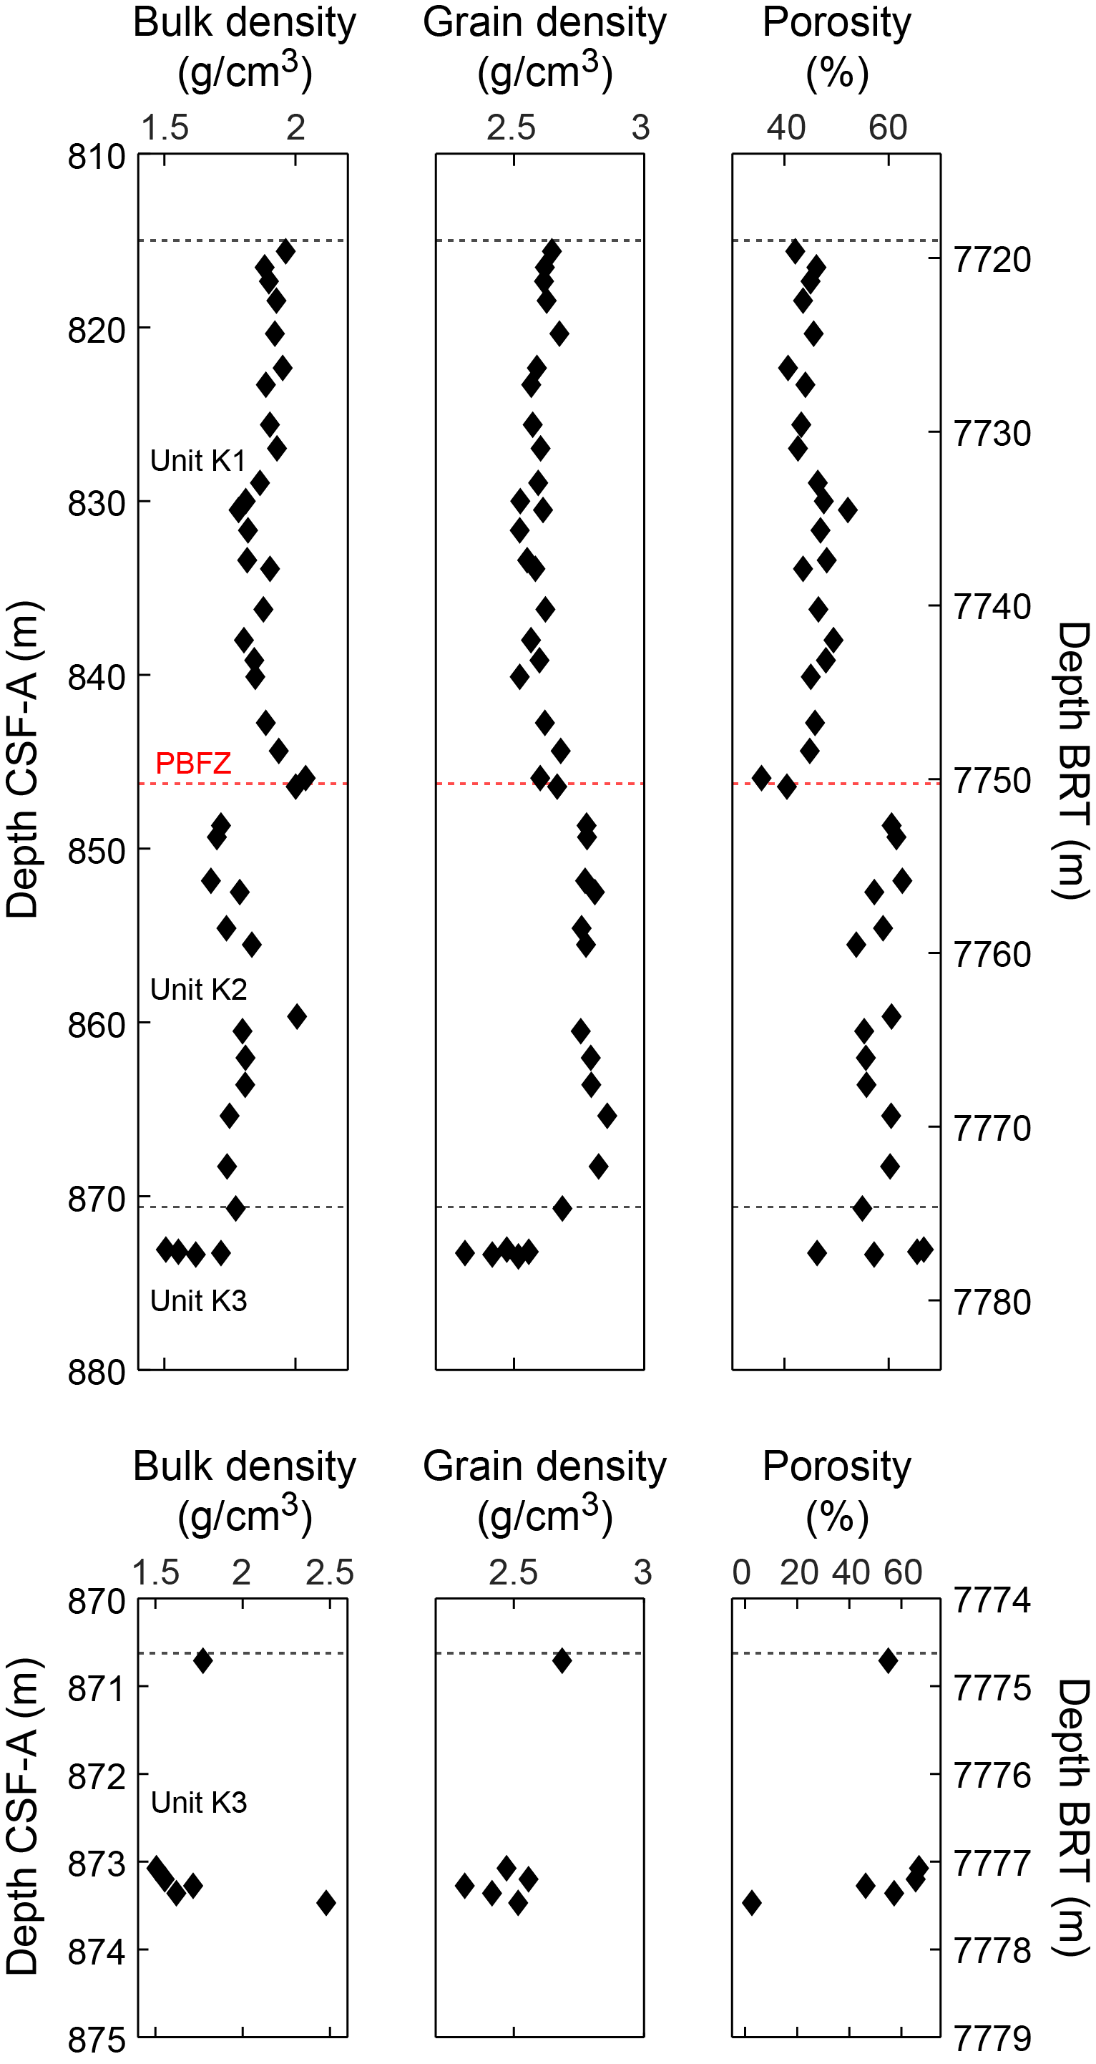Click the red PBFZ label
point(193,763)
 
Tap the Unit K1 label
point(198,461)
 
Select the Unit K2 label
point(199,990)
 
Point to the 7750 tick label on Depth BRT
point(992,782)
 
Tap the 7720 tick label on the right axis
point(992,261)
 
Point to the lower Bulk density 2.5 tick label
point(329,1573)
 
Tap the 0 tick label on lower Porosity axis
point(742,1573)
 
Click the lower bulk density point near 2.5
point(326,1903)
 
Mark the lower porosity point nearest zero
point(751,1903)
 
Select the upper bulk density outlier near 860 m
point(297,1016)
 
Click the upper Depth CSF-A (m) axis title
point(22,759)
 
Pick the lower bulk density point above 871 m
point(202,1661)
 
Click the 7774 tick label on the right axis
point(992,1601)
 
